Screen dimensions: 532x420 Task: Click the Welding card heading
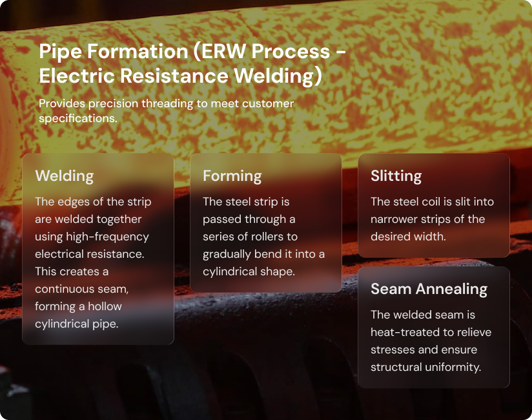tap(65, 176)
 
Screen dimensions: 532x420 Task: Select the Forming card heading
tap(232, 176)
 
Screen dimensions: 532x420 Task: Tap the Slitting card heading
tap(396, 176)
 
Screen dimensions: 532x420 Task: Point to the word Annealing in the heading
tap(451, 289)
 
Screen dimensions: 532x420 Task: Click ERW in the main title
tap(223, 51)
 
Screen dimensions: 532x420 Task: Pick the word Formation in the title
tap(138, 51)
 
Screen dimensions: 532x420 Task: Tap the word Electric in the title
tap(77, 76)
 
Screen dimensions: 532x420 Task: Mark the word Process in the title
tap(291, 52)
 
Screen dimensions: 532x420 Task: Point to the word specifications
tap(78, 119)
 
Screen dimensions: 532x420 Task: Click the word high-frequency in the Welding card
tap(107, 237)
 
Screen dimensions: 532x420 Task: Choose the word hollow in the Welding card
tap(105, 306)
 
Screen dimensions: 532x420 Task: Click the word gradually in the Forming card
tap(227, 255)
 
